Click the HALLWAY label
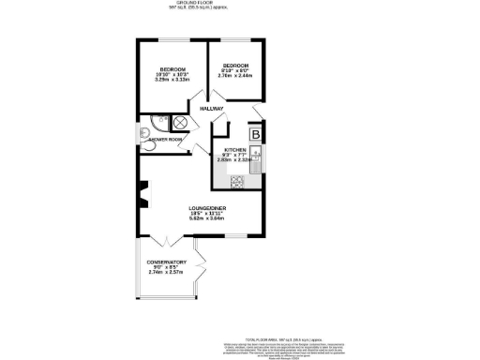[x=211, y=110]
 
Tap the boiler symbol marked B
[x=255, y=133]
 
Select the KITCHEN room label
[x=234, y=150]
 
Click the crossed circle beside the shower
[x=181, y=122]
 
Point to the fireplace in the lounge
[x=143, y=197]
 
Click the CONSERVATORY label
[x=168, y=262]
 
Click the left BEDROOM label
[x=172, y=69]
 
